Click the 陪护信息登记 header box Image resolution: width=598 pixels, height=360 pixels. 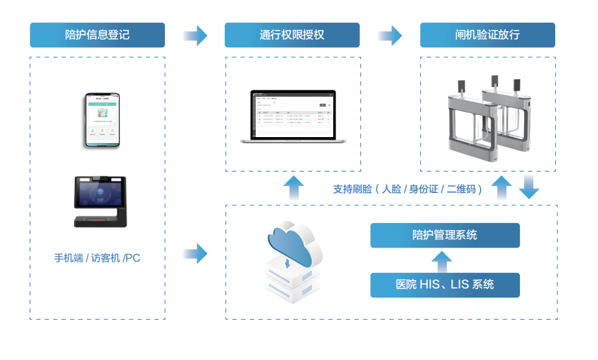[x=97, y=35]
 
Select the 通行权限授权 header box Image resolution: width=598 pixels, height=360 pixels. [x=292, y=35]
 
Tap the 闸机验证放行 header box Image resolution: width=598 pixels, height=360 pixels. [x=488, y=35]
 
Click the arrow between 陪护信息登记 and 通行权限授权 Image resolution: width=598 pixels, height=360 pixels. [x=195, y=35]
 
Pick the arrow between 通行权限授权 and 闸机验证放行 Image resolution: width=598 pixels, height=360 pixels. [x=390, y=35]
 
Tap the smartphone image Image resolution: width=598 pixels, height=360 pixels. [x=103, y=120]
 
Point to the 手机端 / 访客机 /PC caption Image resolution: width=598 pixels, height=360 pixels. [x=97, y=258]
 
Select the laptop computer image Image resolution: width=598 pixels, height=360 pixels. [x=293, y=116]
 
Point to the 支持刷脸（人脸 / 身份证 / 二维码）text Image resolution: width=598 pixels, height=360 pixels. [x=407, y=189]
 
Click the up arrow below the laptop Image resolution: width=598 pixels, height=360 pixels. [x=293, y=188]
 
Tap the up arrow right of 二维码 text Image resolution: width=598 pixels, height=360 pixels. [x=501, y=188]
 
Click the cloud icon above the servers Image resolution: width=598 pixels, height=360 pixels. [x=293, y=244]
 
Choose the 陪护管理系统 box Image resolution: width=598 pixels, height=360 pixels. [x=445, y=235]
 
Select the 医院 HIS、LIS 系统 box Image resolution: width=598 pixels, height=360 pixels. [x=445, y=285]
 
